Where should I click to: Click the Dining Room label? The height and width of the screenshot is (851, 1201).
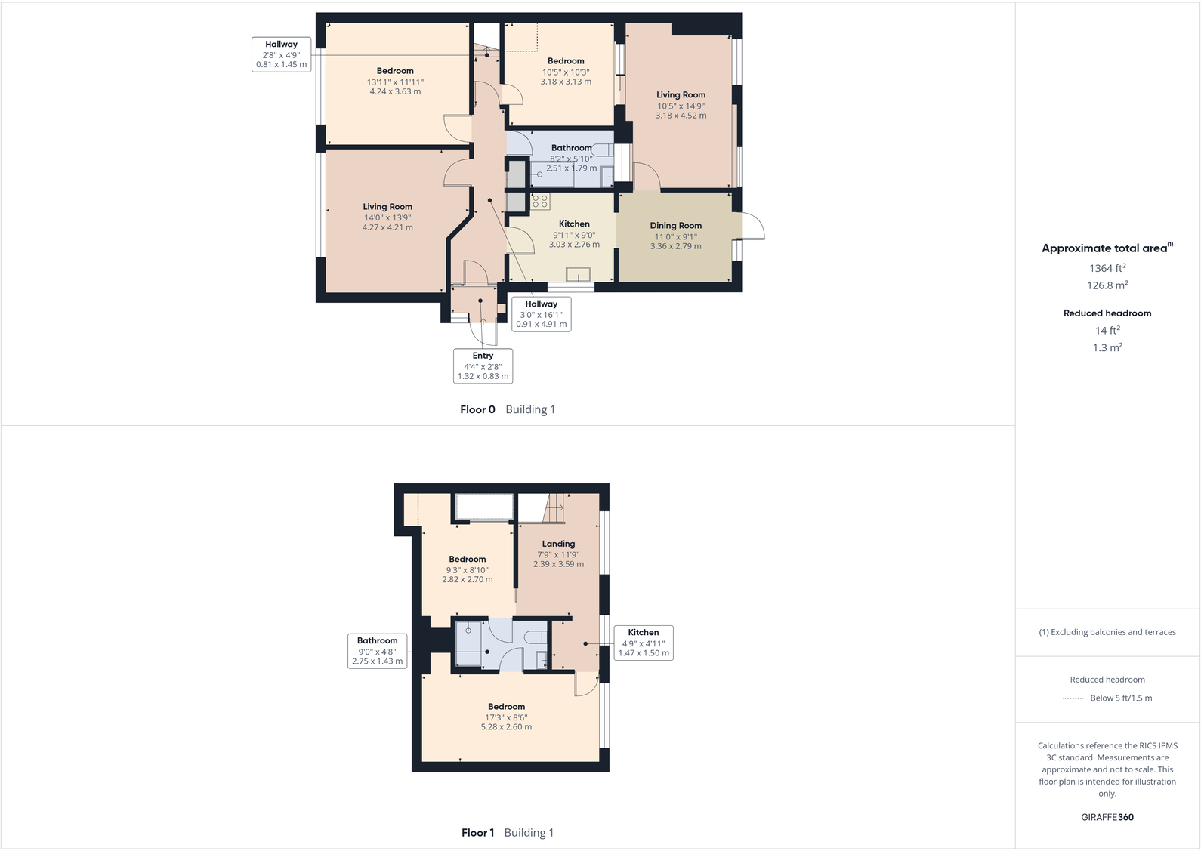(675, 226)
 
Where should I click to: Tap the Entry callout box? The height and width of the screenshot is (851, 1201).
(483, 365)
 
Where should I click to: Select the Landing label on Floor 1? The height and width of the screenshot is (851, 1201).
(558, 544)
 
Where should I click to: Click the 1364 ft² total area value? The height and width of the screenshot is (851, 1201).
(1107, 268)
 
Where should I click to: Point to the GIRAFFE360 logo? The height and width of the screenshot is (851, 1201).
(1107, 817)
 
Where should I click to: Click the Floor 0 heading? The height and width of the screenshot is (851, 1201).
(477, 409)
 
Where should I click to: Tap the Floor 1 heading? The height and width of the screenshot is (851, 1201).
(477, 833)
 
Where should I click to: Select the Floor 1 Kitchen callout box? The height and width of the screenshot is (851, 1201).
(643, 643)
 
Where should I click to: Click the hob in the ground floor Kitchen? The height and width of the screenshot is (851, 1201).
(540, 201)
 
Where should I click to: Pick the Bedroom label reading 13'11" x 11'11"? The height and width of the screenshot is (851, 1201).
(395, 71)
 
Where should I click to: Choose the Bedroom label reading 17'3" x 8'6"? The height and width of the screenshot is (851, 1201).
(506, 707)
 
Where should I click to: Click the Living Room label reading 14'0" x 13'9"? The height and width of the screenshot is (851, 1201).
(387, 207)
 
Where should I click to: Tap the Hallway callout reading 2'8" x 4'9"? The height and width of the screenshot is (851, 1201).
(281, 54)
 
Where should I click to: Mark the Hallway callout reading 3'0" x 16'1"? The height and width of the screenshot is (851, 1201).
(541, 313)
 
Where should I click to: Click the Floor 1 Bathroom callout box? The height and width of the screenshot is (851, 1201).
(377, 650)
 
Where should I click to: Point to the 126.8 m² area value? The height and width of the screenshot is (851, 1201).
(1107, 285)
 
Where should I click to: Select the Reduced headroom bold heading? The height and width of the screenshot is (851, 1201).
(1107, 313)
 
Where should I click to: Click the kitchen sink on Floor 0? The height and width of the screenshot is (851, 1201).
(578, 275)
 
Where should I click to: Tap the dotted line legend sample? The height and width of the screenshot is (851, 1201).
(1073, 698)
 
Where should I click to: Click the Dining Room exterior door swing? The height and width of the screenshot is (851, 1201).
(752, 227)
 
